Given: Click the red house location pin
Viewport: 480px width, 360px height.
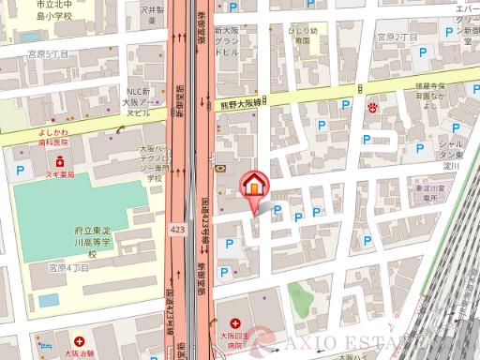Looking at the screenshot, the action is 254,186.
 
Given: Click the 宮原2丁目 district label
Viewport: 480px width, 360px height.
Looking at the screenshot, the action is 396,37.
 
